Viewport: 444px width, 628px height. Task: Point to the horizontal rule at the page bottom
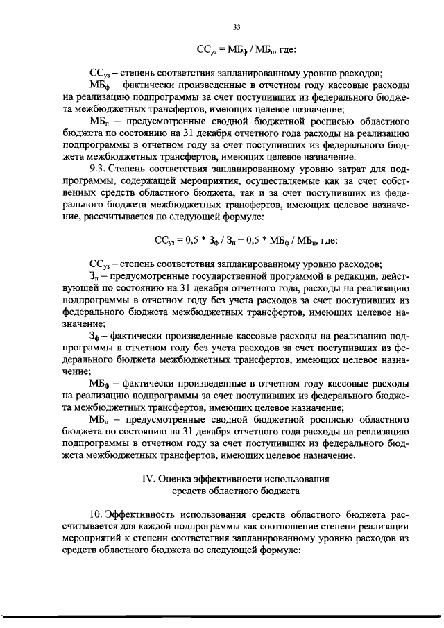click(222, 615)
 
